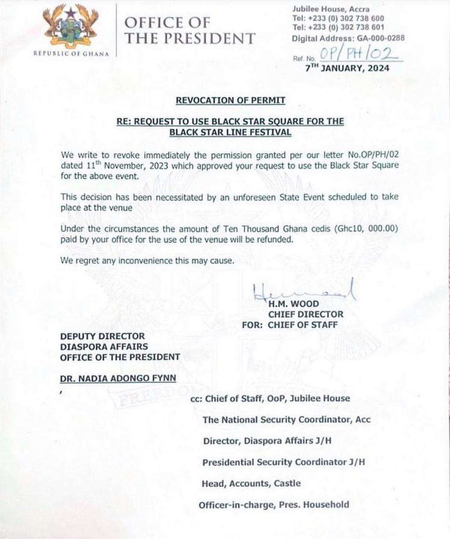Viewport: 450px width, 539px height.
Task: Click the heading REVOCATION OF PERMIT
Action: tap(230, 100)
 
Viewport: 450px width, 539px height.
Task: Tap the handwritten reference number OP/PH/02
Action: tap(358, 54)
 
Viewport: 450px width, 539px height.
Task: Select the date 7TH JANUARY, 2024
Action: tap(347, 68)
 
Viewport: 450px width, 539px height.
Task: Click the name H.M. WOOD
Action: tap(294, 304)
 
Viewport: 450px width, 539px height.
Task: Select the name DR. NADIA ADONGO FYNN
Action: tap(118, 378)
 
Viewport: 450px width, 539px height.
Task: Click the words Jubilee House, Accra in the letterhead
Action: tap(330, 9)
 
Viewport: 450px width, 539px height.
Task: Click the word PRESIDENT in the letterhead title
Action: tap(206, 39)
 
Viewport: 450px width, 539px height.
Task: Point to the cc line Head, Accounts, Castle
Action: tap(251, 484)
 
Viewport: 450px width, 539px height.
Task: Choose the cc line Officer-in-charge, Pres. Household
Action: tap(274, 505)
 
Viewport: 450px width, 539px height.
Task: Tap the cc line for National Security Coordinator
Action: tap(286, 420)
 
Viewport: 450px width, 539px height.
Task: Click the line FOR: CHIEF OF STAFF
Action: tap(290, 325)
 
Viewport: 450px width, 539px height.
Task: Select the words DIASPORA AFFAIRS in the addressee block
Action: tap(104, 347)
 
